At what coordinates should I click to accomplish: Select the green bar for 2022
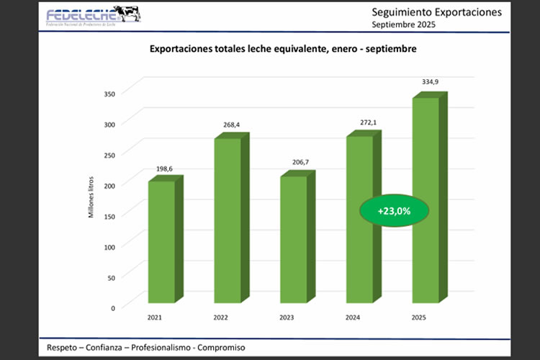(x=227, y=220)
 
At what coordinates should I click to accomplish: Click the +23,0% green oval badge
(x=394, y=211)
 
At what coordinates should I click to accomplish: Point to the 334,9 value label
(x=430, y=82)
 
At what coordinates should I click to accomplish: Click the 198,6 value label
(x=165, y=168)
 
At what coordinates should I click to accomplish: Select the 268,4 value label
(x=231, y=125)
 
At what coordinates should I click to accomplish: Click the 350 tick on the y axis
(x=109, y=94)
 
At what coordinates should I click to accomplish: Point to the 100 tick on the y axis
(x=109, y=247)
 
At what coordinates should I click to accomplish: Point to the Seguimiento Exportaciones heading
(x=435, y=12)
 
